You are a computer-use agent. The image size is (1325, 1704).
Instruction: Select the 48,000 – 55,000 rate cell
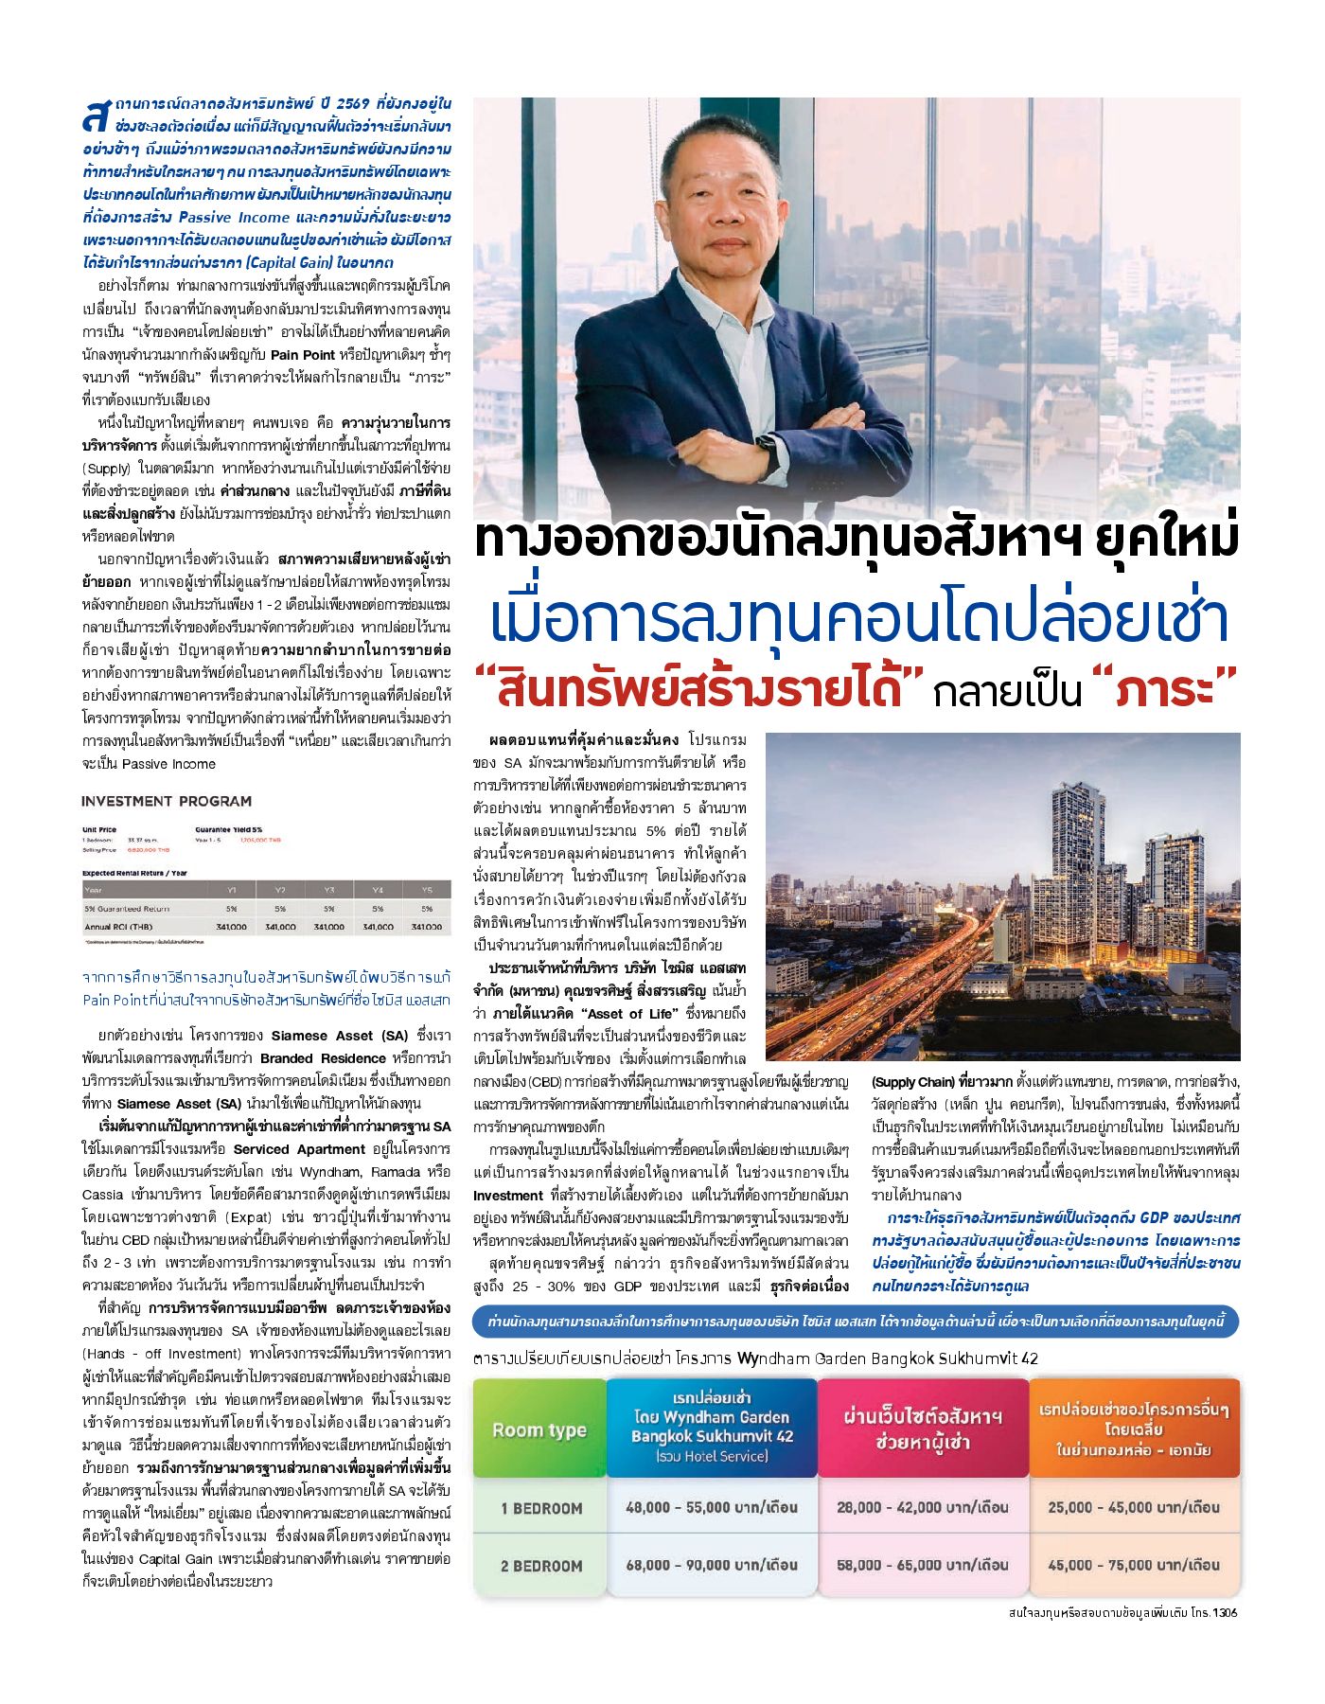pos(712,1507)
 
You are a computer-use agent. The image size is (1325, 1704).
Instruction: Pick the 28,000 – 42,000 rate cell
pos(923,1507)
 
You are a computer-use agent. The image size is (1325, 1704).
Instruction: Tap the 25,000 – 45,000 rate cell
pos(1134,1507)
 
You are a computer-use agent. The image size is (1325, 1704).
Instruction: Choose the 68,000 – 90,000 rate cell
pos(712,1565)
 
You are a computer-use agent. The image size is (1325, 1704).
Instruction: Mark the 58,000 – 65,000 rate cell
pos(923,1565)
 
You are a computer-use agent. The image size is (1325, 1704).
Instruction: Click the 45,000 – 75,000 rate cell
pos(1134,1565)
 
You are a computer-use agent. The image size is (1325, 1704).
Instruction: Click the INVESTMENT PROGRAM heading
pos(167,801)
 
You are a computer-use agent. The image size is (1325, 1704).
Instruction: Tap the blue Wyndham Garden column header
pos(712,1427)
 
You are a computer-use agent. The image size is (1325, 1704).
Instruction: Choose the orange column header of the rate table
pos(1134,1428)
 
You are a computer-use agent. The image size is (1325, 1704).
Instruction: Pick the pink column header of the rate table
pos(923,1428)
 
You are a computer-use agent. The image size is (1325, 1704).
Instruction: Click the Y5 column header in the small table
pos(427,890)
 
